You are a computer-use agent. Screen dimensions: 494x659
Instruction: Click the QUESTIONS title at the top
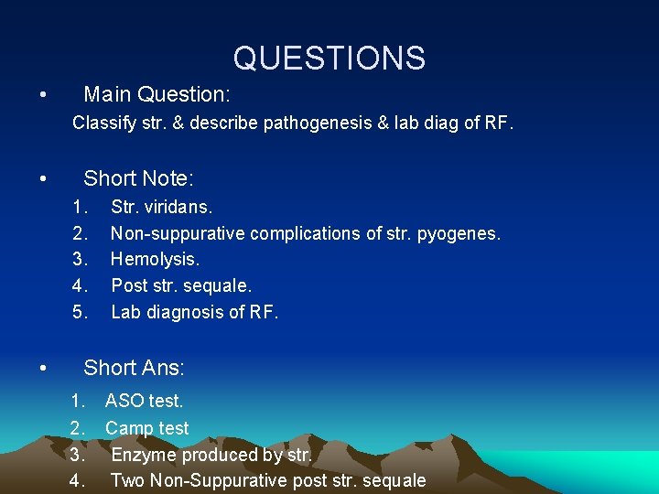click(329, 59)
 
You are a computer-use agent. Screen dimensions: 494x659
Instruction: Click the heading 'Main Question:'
click(157, 94)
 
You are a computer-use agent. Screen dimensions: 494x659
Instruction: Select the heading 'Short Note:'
click(138, 178)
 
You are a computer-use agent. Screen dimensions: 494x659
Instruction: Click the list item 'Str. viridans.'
click(161, 208)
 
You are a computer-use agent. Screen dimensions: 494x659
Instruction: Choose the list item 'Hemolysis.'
click(155, 260)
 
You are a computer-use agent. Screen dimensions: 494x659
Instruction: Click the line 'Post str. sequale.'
click(181, 285)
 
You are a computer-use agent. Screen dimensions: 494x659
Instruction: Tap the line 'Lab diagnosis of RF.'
click(194, 312)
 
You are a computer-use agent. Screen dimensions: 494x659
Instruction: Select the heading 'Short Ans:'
click(134, 368)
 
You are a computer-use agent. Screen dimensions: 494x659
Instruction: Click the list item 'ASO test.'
click(145, 401)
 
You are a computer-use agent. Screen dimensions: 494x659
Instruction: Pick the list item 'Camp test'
click(147, 427)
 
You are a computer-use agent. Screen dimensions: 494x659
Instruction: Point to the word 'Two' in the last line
click(128, 480)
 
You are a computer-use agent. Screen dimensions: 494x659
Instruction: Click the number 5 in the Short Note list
click(80, 312)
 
